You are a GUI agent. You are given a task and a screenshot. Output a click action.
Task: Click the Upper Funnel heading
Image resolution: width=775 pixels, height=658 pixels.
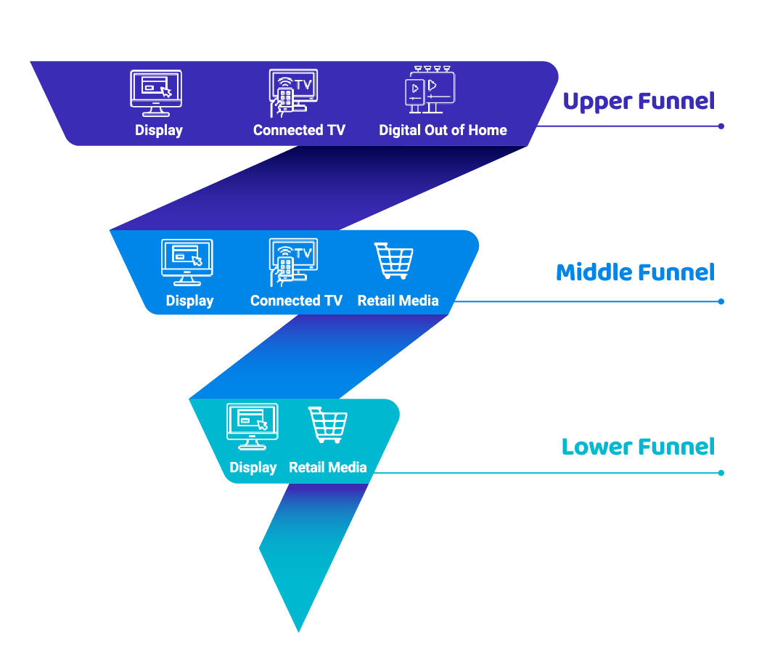(x=639, y=101)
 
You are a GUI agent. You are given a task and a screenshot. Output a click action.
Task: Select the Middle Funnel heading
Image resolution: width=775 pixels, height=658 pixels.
(x=635, y=272)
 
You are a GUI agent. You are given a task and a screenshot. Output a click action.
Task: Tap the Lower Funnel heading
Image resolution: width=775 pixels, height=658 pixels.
(x=638, y=446)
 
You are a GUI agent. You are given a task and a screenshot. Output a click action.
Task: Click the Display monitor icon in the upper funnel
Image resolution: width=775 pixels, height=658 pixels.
(x=155, y=92)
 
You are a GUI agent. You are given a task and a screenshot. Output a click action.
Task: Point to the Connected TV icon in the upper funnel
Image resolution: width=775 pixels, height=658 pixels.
(x=292, y=92)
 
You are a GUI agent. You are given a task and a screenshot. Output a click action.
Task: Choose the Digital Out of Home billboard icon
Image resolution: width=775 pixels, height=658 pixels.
(x=429, y=89)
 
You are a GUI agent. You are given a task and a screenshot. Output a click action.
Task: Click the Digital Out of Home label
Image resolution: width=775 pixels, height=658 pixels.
(x=443, y=130)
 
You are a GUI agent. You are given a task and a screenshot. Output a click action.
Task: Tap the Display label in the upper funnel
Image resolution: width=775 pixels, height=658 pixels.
(x=159, y=130)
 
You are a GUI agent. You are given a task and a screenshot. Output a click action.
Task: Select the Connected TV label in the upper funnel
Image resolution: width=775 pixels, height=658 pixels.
(x=299, y=130)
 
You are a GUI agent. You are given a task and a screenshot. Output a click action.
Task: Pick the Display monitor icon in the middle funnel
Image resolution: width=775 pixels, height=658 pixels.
(x=186, y=261)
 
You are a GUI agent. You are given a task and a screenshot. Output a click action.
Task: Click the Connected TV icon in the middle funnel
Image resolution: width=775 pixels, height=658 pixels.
(x=292, y=261)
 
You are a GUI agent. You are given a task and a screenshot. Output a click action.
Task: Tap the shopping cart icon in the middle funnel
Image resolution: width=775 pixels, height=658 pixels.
(x=394, y=261)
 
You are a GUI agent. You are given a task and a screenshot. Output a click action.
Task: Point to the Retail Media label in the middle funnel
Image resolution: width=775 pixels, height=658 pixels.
(x=398, y=301)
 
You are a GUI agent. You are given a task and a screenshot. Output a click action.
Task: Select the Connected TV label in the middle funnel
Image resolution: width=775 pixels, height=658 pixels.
(x=296, y=301)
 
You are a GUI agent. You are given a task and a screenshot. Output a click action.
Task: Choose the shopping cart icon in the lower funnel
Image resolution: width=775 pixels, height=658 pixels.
(x=327, y=425)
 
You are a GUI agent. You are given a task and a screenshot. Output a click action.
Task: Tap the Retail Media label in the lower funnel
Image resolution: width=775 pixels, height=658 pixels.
(x=327, y=468)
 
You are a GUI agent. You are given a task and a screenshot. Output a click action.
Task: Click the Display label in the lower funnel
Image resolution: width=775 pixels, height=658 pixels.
(x=253, y=468)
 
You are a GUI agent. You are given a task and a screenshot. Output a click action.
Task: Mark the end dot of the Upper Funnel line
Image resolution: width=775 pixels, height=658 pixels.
(x=721, y=126)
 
